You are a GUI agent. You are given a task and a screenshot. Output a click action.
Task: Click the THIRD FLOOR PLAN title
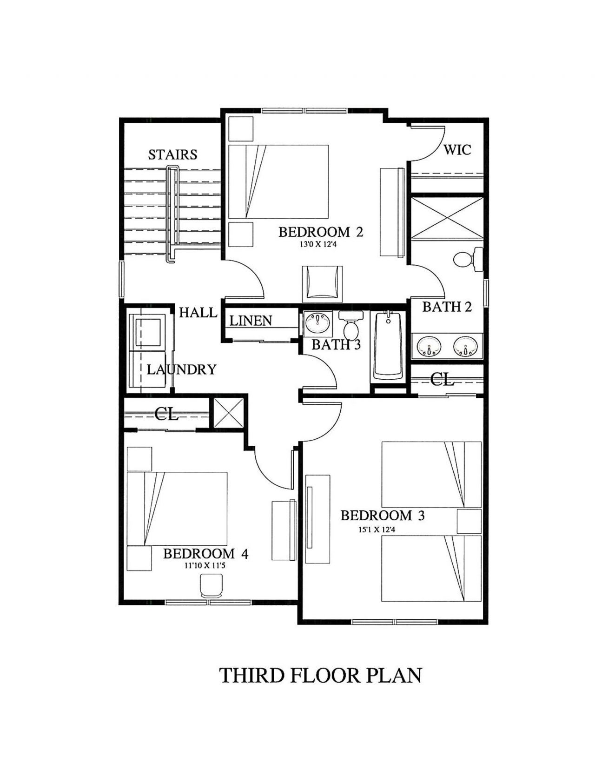point(320,676)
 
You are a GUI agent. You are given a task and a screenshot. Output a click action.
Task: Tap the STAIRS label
point(172,154)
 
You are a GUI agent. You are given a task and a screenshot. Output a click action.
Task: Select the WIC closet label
point(457,150)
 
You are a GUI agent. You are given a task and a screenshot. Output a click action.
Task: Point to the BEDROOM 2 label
point(320,232)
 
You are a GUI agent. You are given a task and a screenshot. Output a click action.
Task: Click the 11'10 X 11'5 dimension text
point(205,566)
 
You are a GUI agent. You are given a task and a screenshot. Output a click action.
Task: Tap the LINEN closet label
point(251,321)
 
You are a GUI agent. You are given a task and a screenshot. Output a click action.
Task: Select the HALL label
point(198,313)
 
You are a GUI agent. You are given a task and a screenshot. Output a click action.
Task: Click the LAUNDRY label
point(181,369)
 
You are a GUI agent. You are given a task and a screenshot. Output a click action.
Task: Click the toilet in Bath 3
point(350,326)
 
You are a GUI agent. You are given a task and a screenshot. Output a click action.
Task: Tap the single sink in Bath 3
point(318,322)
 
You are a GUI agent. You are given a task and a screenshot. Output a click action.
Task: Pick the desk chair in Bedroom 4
point(211,585)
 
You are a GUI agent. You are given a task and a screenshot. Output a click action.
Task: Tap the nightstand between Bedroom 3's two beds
point(469,521)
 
